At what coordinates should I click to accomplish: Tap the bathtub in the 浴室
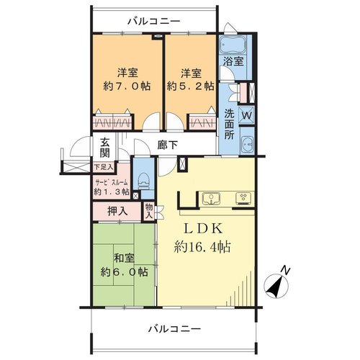(232, 45)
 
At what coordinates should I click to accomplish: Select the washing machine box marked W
(247, 115)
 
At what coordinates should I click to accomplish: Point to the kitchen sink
(211, 199)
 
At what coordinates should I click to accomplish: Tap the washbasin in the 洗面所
(248, 144)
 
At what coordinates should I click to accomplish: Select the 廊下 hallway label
(168, 145)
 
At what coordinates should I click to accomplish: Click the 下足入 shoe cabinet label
(104, 167)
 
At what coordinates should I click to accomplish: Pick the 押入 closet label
(117, 211)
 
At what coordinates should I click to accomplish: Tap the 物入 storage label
(149, 210)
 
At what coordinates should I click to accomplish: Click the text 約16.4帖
(202, 247)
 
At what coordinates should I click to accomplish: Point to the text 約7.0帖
(127, 86)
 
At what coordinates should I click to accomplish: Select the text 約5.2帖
(191, 86)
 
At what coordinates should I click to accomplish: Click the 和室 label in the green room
(124, 258)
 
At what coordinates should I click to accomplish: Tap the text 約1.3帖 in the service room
(112, 192)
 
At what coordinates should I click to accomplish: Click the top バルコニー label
(154, 22)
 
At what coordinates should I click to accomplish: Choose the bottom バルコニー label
(174, 328)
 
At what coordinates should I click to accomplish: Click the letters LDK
(203, 229)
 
